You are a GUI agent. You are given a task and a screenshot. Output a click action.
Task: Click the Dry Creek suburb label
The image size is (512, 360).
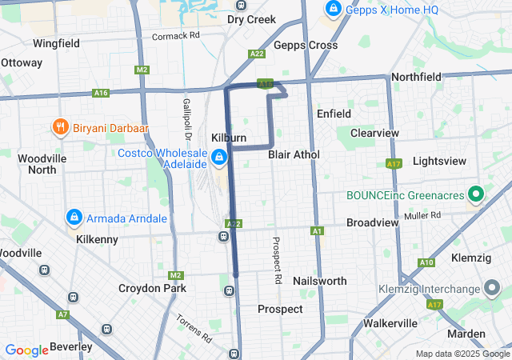(251, 19)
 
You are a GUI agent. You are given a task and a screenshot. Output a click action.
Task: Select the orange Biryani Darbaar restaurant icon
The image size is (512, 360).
(59, 126)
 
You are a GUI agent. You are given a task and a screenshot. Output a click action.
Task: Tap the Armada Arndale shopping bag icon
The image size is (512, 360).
(74, 218)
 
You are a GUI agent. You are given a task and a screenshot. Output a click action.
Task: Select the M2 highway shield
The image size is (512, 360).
(142, 70)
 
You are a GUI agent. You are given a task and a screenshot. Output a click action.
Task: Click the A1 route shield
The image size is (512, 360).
(318, 231)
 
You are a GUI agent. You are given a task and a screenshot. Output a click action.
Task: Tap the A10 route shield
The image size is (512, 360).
(426, 262)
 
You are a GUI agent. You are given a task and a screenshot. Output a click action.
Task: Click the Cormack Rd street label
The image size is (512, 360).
(175, 36)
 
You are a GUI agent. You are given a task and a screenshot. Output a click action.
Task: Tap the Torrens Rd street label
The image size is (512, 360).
(193, 325)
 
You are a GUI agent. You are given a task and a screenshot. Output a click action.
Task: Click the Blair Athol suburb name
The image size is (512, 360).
(294, 154)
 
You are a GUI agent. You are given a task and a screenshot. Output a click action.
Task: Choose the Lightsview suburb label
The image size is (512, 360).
(439, 161)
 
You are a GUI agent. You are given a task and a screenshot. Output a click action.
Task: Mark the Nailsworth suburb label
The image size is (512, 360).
(320, 281)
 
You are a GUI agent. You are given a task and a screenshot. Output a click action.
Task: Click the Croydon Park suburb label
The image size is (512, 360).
(152, 288)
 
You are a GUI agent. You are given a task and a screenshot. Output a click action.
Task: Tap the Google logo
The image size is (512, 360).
(27, 350)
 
